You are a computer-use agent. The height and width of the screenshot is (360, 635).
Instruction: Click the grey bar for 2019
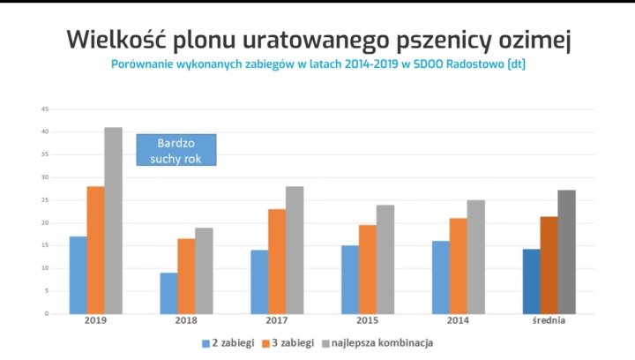[114, 221]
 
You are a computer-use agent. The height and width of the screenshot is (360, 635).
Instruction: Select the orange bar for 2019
[95, 250]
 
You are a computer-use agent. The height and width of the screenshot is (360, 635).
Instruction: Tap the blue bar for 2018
[168, 293]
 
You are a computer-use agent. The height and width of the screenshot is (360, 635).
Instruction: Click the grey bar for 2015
[385, 259]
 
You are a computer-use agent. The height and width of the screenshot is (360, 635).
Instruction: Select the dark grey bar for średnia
[566, 251]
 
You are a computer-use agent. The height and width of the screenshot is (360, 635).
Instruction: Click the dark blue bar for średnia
[531, 281]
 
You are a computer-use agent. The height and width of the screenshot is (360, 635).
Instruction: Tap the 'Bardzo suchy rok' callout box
[176, 150]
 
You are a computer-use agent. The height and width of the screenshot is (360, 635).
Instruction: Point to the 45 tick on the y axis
[44, 109]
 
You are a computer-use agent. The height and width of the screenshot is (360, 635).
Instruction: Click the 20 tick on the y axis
[44, 223]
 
